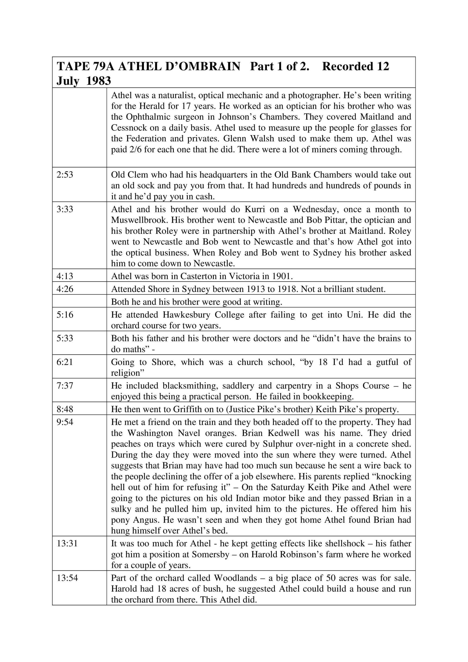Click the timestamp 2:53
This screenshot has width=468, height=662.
(x=65, y=175)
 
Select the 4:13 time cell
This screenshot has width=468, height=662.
(x=65, y=276)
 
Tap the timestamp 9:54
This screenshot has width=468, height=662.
(x=65, y=422)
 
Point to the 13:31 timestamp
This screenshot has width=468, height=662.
(x=67, y=544)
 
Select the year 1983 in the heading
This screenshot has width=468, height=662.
(x=98, y=81)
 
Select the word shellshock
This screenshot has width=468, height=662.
(x=345, y=544)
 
